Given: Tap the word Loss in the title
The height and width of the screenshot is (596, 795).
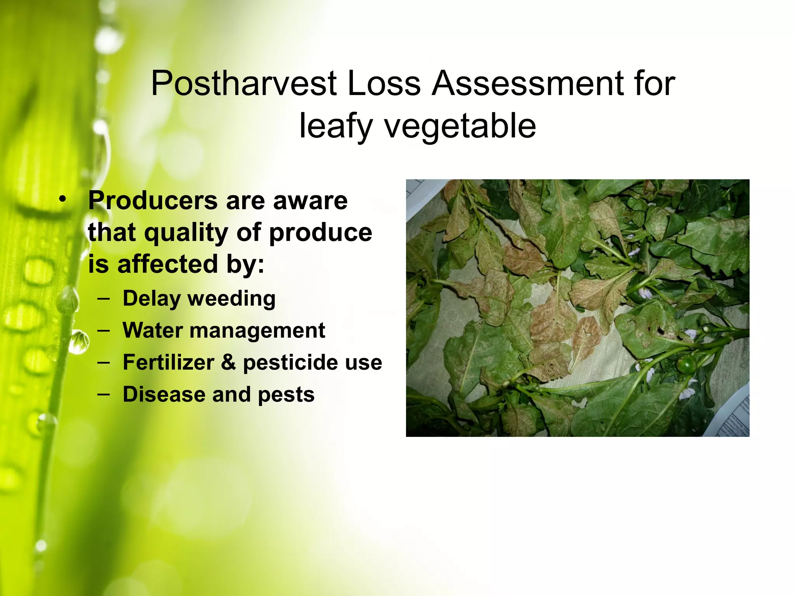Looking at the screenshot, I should [x=384, y=83].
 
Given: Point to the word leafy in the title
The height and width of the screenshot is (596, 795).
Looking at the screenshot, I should [x=335, y=126].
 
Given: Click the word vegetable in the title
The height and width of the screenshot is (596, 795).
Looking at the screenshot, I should [x=460, y=126].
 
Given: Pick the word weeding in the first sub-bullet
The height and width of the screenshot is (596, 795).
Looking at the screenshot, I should [x=232, y=299].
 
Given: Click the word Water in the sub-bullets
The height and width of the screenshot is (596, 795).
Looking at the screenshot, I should [x=153, y=331].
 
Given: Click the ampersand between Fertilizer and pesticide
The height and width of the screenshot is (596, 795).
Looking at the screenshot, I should [x=229, y=362].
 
